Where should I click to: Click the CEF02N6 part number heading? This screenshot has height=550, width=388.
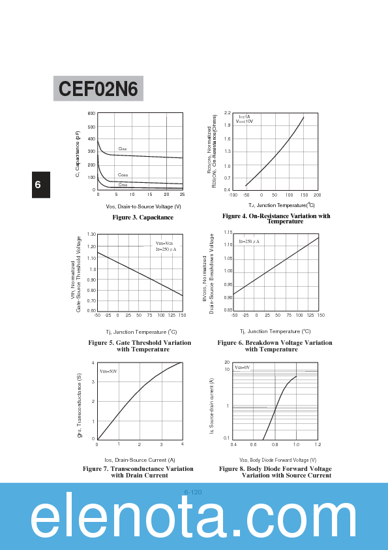click(x=98, y=89)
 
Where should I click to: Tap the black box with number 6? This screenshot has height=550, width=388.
click(x=38, y=185)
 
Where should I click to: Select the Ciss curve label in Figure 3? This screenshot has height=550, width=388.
click(x=122, y=149)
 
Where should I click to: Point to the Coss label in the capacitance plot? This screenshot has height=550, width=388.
click(x=123, y=175)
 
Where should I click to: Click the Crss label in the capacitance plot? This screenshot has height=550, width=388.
click(x=123, y=184)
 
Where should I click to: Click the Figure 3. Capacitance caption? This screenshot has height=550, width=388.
click(x=143, y=217)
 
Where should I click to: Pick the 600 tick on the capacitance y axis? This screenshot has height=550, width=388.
click(x=91, y=114)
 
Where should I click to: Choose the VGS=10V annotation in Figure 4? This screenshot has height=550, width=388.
click(x=245, y=121)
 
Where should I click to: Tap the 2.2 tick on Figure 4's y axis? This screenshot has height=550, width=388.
click(x=227, y=113)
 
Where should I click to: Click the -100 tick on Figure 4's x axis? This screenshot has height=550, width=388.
click(x=233, y=195)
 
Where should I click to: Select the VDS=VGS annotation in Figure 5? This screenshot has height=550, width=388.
click(x=164, y=243)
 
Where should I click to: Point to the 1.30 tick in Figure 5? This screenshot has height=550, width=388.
click(x=91, y=234)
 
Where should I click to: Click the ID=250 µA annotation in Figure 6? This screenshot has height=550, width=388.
click(x=248, y=242)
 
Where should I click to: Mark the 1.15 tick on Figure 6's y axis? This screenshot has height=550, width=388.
click(x=228, y=233)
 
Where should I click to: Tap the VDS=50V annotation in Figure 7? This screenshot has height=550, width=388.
click(x=108, y=371)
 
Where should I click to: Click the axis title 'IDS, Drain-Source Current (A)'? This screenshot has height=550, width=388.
click(x=140, y=460)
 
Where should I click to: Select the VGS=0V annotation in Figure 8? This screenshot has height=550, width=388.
click(x=242, y=367)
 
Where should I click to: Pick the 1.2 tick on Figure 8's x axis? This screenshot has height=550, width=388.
click(x=318, y=444)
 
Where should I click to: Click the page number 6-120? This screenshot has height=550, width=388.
click(x=193, y=492)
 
